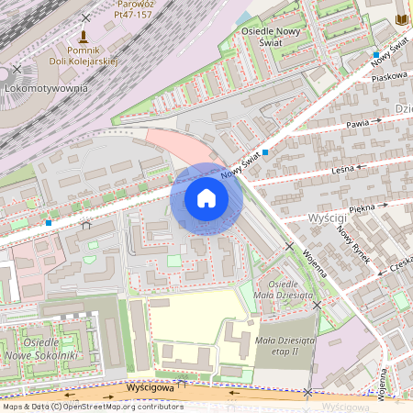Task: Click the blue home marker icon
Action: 206,198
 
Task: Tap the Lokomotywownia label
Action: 46,88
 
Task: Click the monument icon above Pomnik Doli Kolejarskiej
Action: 84,38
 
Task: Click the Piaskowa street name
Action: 388,76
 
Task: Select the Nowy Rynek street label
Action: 354,244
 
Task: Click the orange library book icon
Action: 401,19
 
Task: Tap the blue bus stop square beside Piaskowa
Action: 375,56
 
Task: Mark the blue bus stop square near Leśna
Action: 265,152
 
